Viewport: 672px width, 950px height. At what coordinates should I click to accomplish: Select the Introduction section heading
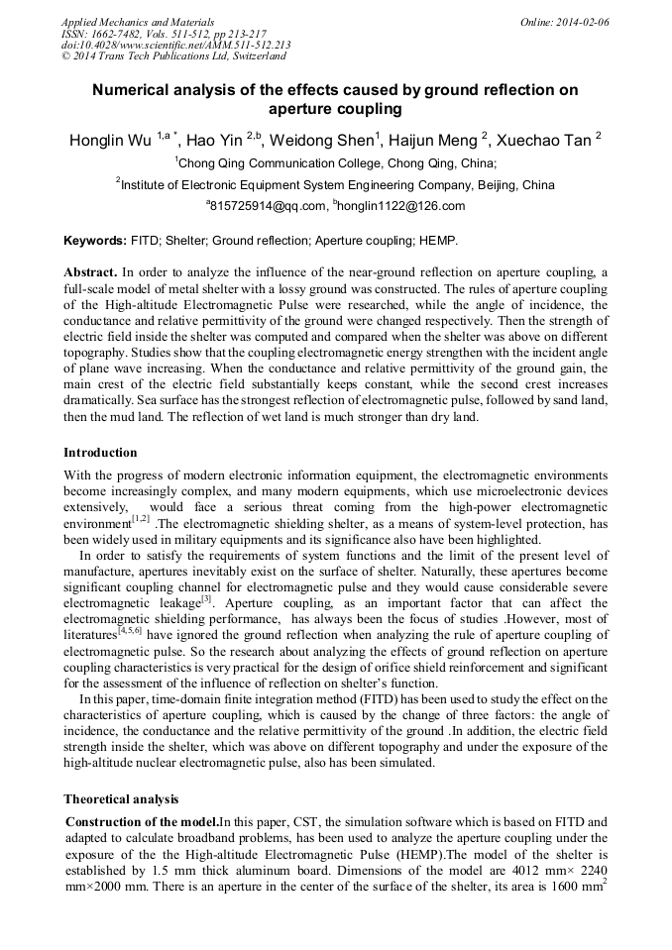[100, 453]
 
